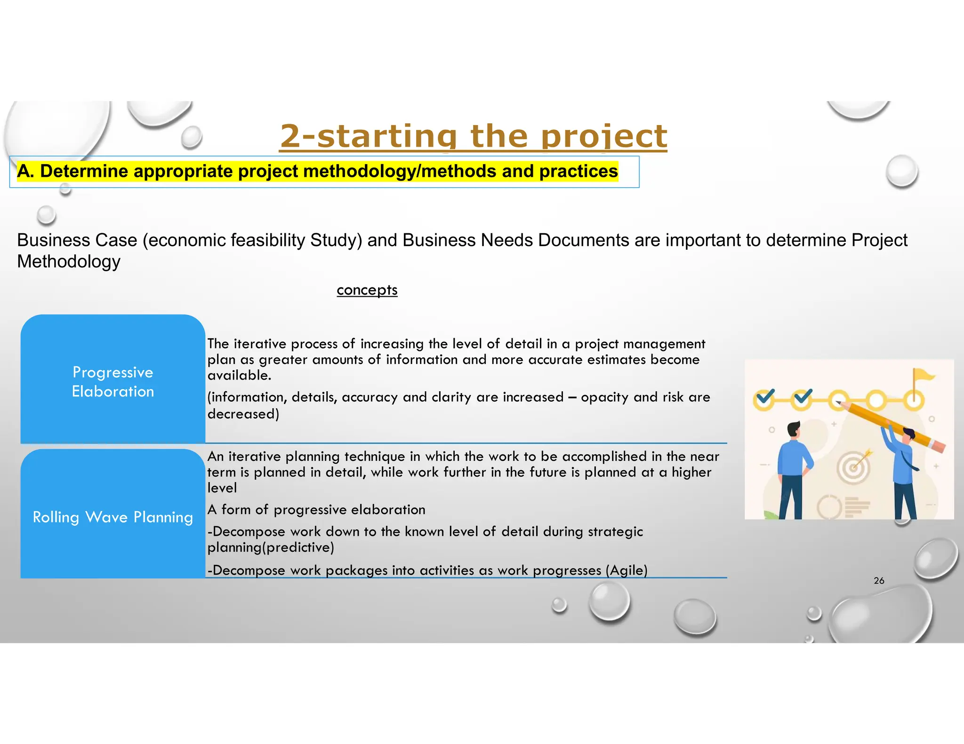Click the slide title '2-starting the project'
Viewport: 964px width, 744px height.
pyautogui.click(x=473, y=136)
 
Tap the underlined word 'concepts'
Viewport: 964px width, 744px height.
pyautogui.click(x=367, y=290)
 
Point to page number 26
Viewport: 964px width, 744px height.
pyautogui.click(x=879, y=580)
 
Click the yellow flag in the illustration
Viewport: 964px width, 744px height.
pyautogui.click(x=923, y=375)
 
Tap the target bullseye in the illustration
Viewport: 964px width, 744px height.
pyautogui.click(x=853, y=467)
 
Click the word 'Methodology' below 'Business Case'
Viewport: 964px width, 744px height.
pyautogui.click(x=69, y=261)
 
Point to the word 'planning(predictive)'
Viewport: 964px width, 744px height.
pyautogui.click(x=271, y=547)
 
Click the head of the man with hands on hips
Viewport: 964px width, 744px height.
pyautogui.click(x=794, y=429)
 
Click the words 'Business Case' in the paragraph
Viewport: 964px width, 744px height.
pyautogui.click(x=77, y=240)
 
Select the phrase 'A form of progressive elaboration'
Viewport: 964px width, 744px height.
pyautogui.click(x=316, y=510)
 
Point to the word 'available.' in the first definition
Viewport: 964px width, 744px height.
pyautogui.click(x=239, y=375)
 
